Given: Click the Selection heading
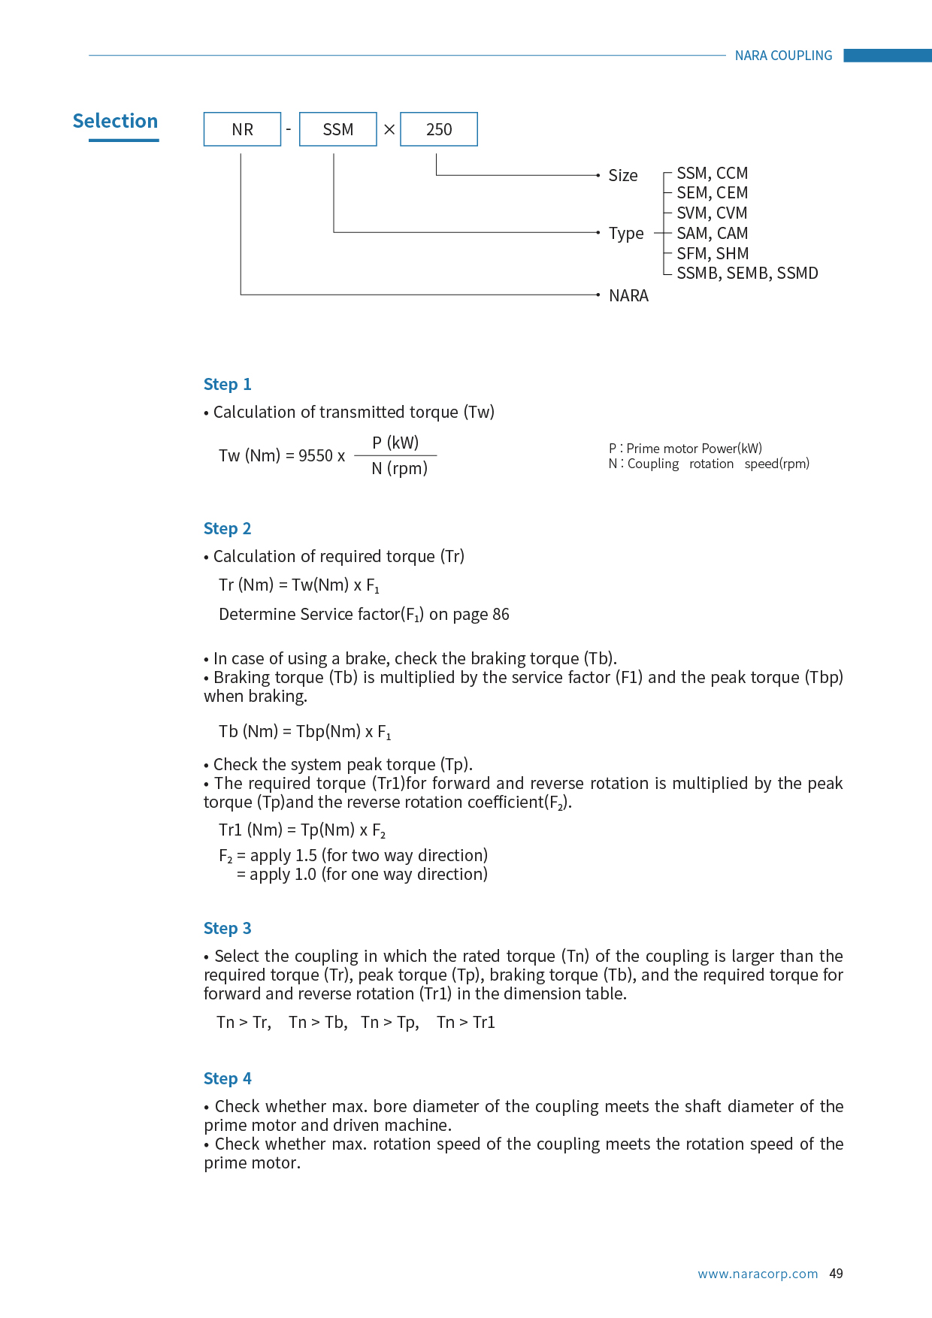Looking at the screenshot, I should pos(115,121).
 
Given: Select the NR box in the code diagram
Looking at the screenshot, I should pos(242,129).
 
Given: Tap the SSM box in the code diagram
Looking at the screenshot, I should pos(337,129).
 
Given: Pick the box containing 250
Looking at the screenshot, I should pos(439,129).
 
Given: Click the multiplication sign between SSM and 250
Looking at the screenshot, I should pos(389,129).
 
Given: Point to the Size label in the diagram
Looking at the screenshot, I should pos(622,176).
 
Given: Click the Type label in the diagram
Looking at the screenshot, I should pos(626,234).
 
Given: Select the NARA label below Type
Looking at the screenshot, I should pos(628,296).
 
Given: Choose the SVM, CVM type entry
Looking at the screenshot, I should pos(712,213).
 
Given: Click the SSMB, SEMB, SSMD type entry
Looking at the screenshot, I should pos(747,274).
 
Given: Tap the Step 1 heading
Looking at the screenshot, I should pos(227,385).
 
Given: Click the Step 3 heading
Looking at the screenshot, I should pos(227,929).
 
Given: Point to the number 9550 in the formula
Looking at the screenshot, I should pos(316,456).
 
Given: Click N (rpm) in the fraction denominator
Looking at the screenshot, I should pos(399,469).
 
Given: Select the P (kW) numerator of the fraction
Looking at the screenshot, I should pos(395,443).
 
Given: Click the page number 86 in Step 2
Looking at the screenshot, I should pos(501,615).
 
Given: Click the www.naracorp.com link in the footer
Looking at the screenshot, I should pos(758,1274).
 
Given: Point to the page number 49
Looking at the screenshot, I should pos(836,1274).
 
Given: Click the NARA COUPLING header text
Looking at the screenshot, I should pos(783,56).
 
